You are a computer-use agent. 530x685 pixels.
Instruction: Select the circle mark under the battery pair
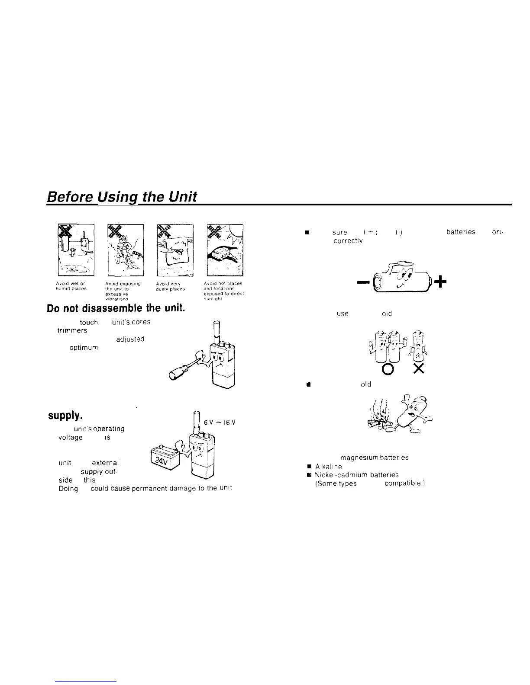(x=386, y=368)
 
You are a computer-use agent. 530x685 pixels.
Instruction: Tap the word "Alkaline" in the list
(x=328, y=467)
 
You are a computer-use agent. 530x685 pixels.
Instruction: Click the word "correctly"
(x=348, y=240)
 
